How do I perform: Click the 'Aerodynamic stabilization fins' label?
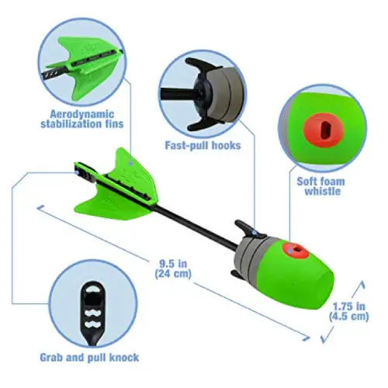pos(82,120)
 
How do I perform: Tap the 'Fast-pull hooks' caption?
pos(203,146)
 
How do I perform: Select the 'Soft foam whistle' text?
pos(320,186)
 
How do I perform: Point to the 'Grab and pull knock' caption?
pos(89,358)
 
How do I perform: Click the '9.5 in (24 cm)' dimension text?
pos(173,268)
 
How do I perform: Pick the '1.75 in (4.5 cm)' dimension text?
pos(348,311)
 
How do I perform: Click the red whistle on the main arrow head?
pos(296,251)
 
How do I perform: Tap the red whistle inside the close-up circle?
pos(324,130)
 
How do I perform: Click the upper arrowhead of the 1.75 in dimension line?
pos(362,285)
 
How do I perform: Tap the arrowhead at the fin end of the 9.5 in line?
pos(40,208)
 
